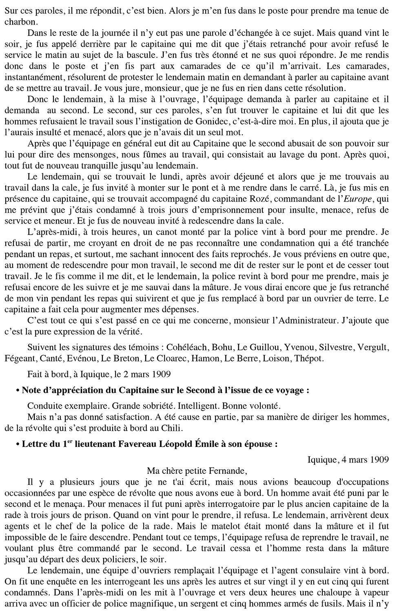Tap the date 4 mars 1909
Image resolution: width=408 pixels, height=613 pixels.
click(x=359, y=459)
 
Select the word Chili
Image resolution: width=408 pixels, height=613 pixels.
click(x=174, y=428)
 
